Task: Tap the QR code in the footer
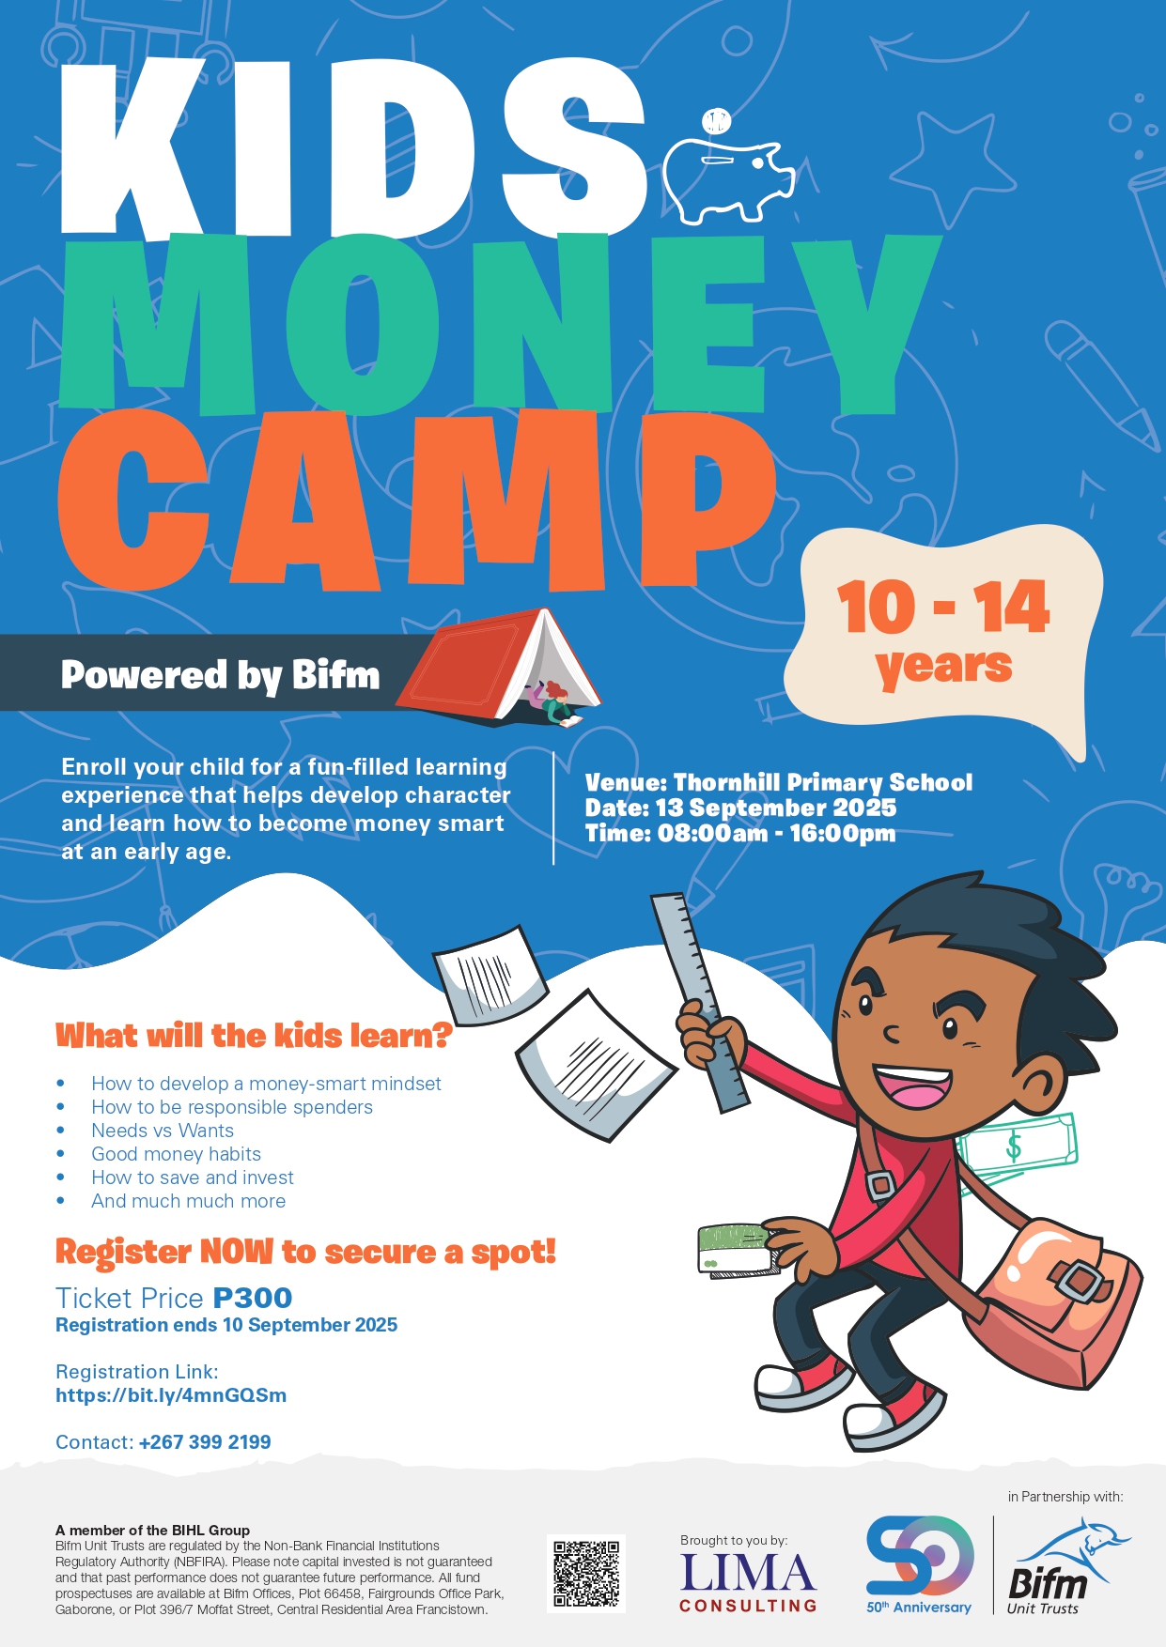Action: [586, 1574]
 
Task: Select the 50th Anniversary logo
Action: [920, 1564]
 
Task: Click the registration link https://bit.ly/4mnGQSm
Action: [171, 1394]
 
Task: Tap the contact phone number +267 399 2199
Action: [205, 1441]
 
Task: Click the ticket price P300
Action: [253, 1298]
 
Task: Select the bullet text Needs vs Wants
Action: [163, 1131]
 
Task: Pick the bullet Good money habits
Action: [176, 1154]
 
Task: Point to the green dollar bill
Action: [1016, 1147]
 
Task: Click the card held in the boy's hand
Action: [738, 1250]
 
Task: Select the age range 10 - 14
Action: [942, 608]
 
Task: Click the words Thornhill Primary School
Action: [823, 782]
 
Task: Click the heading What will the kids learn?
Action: [254, 1036]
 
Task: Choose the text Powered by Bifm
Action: [221, 675]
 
